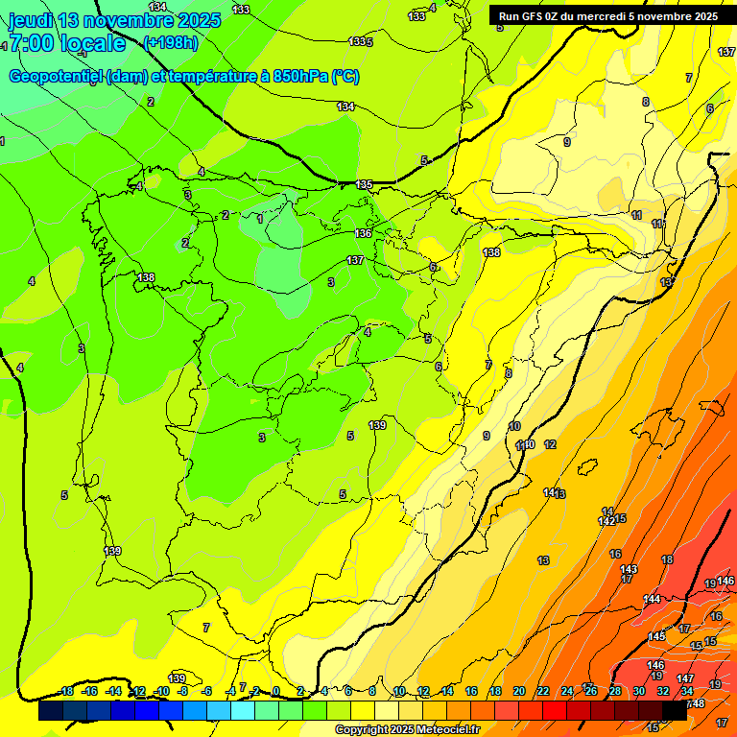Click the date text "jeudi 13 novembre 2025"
[x=114, y=20]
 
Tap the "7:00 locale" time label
[x=67, y=43]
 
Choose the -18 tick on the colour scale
[x=66, y=691]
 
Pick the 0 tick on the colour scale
[x=276, y=691]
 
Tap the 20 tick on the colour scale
[x=519, y=691]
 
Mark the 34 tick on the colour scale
[x=687, y=691]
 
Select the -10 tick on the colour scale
[x=160, y=691]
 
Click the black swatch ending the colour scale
[x=675, y=710]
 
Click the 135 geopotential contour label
[x=364, y=184]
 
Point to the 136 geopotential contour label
[x=363, y=233]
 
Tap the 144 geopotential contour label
[x=652, y=599]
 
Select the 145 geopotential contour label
[x=656, y=636]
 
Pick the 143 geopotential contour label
[x=629, y=569]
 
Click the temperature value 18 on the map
[x=667, y=559]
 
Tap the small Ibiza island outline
[x=587, y=467]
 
